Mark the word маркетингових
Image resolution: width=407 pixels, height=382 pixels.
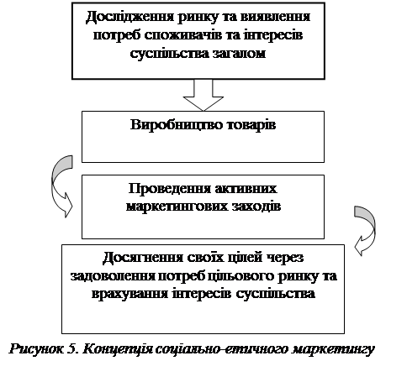tap(177, 207)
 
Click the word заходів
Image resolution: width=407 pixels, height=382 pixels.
tap(256, 207)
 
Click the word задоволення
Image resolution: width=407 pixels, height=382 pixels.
tap(113, 276)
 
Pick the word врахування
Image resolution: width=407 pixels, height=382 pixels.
tap(130, 294)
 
